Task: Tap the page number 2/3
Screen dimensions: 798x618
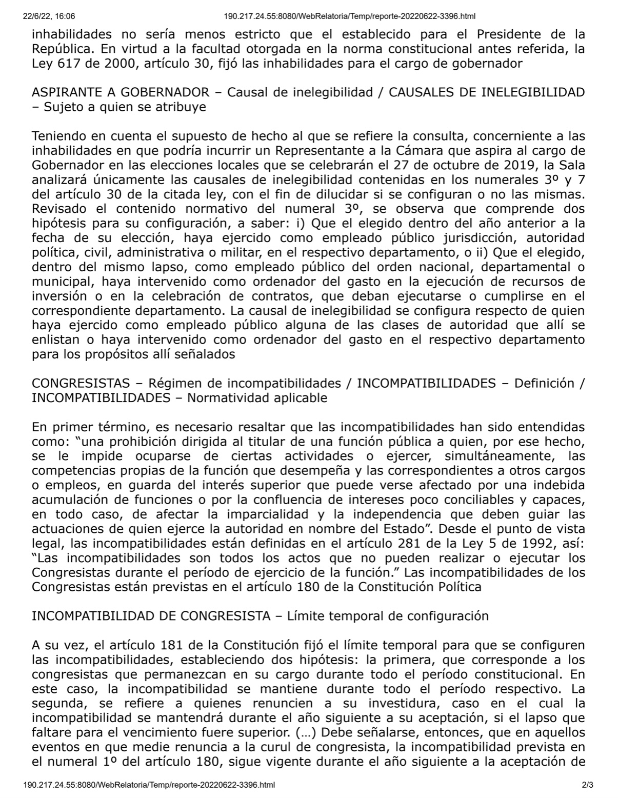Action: [x=588, y=785]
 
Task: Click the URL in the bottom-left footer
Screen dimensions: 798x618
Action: [x=149, y=785]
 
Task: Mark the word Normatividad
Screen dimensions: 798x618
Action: [x=227, y=397]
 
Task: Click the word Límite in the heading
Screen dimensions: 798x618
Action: [x=307, y=615]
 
